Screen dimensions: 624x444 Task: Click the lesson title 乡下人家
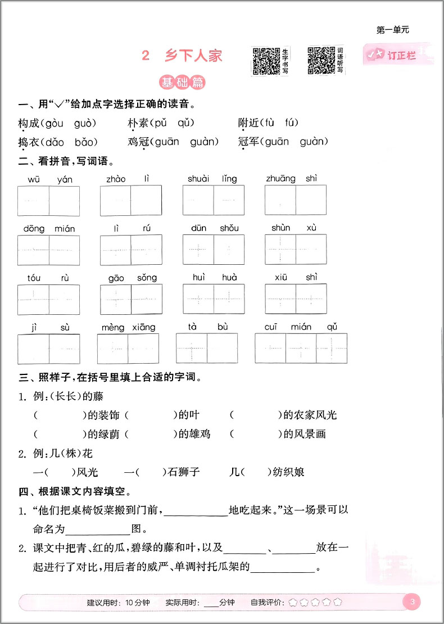[193, 56]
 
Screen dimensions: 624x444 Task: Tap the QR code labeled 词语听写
[322, 60]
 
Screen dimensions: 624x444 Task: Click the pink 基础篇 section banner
[182, 83]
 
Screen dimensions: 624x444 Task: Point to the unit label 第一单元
[392, 30]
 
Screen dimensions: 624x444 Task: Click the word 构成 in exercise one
[28, 123]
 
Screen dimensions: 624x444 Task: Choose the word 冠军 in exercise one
[248, 142]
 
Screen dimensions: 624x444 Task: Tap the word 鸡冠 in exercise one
[138, 142]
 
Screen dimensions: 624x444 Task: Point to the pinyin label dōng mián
[49, 228]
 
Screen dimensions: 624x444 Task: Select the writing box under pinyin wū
[33, 201]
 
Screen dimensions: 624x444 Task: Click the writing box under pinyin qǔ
[332, 349]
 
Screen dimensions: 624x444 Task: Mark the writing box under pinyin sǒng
[147, 299]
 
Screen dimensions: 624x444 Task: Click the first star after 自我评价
[293, 603]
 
